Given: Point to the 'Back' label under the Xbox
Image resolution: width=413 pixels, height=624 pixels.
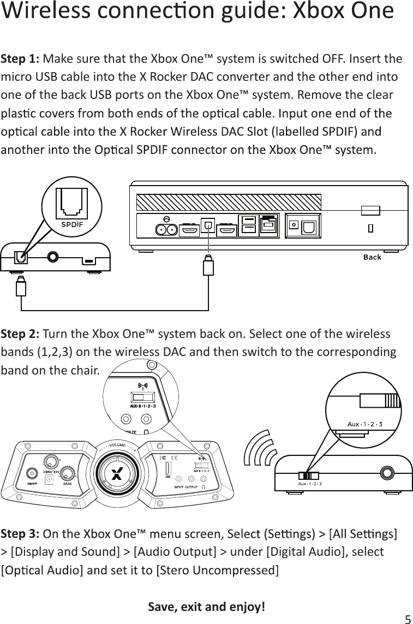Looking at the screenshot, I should pyautogui.click(x=372, y=257).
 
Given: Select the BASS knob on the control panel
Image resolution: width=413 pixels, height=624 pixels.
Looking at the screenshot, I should pyautogui.click(x=68, y=473).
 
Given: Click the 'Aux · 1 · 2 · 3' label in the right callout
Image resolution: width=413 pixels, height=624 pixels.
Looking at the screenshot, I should pyautogui.click(x=365, y=424).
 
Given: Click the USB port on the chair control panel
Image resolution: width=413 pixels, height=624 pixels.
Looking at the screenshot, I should pyautogui.click(x=167, y=469).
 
